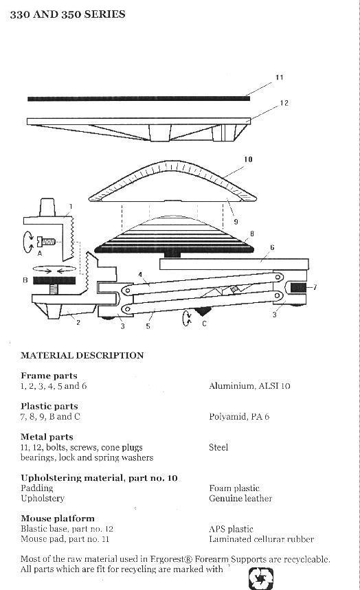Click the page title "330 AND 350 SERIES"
(x=67, y=14)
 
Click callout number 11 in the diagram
(x=279, y=78)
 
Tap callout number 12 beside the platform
(x=284, y=103)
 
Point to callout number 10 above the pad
(x=248, y=159)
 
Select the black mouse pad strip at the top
(x=139, y=99)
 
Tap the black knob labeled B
(x=54, y=280)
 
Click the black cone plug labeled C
(x=203, y=311)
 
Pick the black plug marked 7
(x=299, y=288)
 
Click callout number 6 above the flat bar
(x=272, y=247)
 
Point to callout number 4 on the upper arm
(x=140, y=275)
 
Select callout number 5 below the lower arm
(x=148, y=326)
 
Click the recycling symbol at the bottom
(x=261, y=579)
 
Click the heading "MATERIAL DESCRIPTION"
(x=82, y=356)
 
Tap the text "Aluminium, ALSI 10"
(x=249, y=386)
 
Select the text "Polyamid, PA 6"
(x=239, y=417)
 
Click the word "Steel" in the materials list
(x=218, y=447)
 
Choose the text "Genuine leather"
(x=240, y=499)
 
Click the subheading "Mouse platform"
(x=58, y=519)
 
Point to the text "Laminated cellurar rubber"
(x=261, y=539)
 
